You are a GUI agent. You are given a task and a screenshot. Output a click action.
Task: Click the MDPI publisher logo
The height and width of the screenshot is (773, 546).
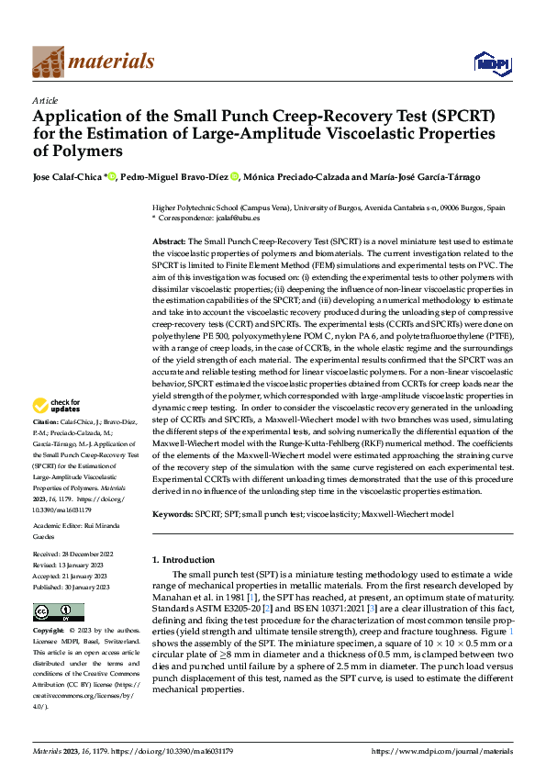pyautogui.click(x=493, y=62)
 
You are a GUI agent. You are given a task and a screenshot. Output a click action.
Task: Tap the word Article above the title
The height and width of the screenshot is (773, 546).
pyautogui.click(x=45, y=100)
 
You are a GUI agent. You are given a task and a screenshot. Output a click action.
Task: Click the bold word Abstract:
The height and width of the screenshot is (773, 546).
pyautogui.click(x=169, y=239)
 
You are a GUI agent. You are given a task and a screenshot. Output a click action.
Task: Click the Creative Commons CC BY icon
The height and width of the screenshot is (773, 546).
pyautogui.click(x=58, y=612)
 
